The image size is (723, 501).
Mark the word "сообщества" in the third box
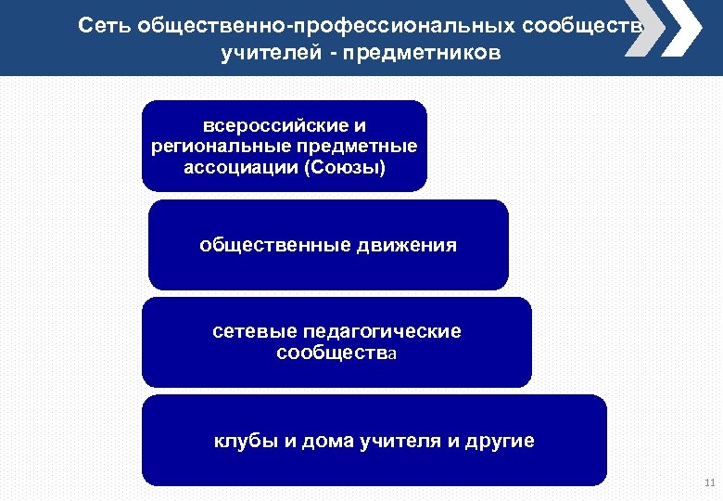(x=336, y=353)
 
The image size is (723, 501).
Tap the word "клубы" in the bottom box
(x=243, y=441)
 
